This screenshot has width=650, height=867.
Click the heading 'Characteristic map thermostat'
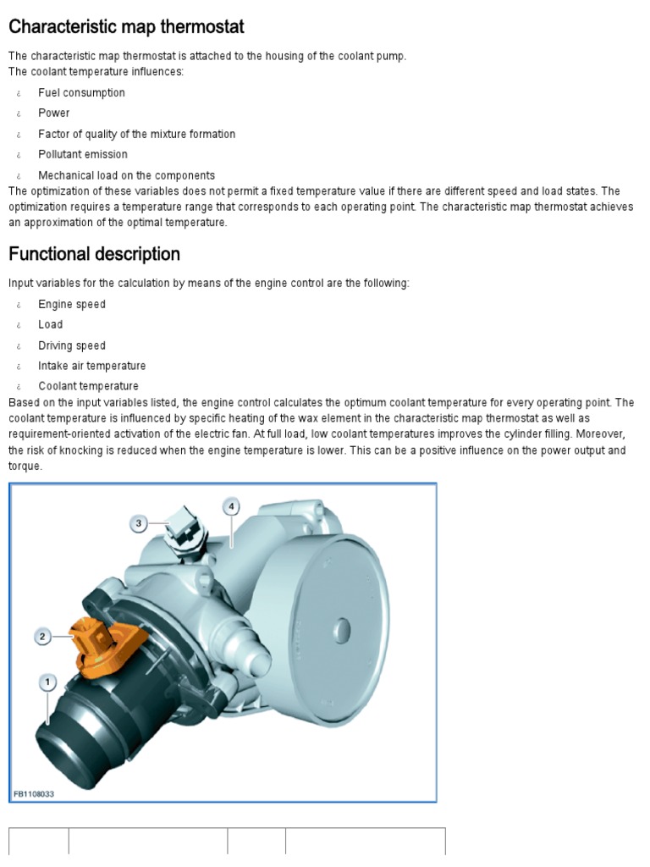pos(126,27)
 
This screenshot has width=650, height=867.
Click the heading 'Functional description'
pos(94,254)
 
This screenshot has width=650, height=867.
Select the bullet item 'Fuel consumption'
pos(81,93)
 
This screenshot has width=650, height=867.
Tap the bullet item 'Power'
pos(53,113)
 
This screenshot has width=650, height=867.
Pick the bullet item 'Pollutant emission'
pos(83,155)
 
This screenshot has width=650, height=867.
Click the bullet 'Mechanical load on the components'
pos(126,176)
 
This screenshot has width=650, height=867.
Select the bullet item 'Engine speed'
pos(72,305)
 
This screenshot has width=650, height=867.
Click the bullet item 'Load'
pos(50,325)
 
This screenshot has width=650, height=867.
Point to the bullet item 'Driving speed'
pos(72,345)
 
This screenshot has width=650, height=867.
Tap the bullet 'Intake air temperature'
pos(91,366)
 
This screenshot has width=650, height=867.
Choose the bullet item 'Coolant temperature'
pos(88,387)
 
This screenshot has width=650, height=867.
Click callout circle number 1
pos(47,681)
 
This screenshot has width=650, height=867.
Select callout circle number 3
pos(139,524)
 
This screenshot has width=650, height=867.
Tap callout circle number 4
pos(231,506)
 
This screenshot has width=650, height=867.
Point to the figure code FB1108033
pos(35,794)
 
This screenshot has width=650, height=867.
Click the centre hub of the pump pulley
pos(341,629)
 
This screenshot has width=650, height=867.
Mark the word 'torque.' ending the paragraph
pos(25,467)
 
